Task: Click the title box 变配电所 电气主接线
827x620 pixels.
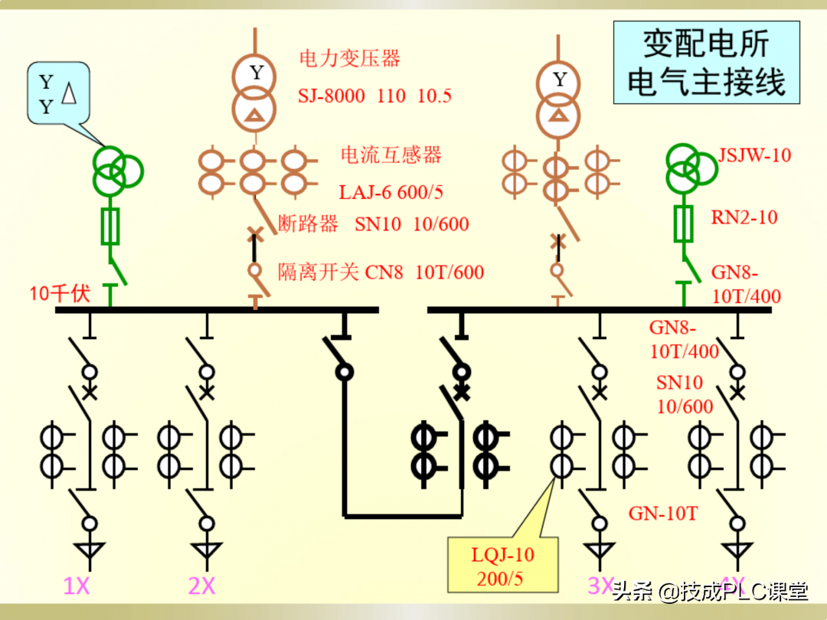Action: point(706,63)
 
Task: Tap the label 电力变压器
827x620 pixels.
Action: point(350,58)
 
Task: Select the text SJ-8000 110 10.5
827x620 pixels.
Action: point(375,96)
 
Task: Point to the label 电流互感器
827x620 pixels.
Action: point(391,155)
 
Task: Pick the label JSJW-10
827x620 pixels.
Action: point(754,155)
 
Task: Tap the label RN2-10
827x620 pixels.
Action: point(744,217)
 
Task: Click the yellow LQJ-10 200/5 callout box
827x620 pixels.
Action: point(502,565)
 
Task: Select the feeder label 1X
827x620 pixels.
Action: point(77,586)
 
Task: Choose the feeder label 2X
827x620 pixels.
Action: point(201,586)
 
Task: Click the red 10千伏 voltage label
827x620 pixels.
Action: point(60,293)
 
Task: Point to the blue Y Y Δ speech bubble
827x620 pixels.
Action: point(58,94)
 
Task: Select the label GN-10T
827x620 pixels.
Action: point(663,514)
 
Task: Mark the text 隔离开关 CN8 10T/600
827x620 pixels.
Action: point(381,272)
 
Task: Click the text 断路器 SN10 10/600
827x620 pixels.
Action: point(374,224)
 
